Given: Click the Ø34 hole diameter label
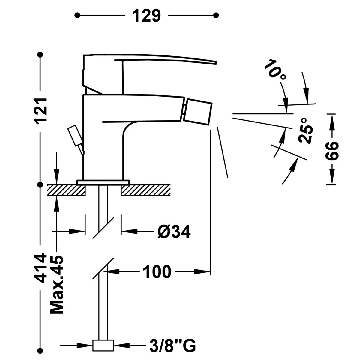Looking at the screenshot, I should coord(174,232).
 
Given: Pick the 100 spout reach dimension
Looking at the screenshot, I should coord(157,272).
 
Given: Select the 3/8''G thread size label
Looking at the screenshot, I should coord(172,345).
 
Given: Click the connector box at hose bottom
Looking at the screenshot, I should coord(103,345).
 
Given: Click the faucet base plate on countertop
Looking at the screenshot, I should coord(103,182).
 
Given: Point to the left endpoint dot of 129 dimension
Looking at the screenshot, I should coord(77,15).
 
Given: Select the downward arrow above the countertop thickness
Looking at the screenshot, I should coord(56,169).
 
